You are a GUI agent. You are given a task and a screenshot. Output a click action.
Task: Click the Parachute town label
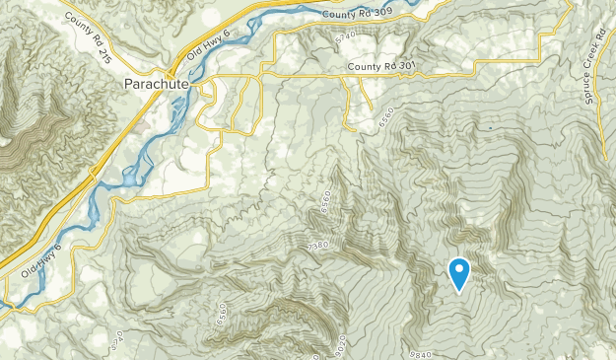point(155,85)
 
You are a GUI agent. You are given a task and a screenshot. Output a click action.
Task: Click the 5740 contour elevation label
point(346,37)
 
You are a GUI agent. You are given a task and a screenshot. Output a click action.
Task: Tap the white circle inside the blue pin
point(459,267)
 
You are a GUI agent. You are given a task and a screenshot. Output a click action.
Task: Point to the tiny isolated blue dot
point(490,127)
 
